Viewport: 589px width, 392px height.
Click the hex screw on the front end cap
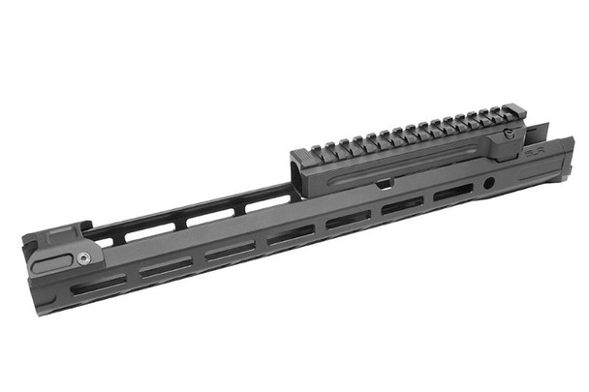pos(84,257)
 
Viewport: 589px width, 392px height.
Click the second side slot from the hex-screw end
pos(166,267)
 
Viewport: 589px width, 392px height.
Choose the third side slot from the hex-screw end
pos(231,250)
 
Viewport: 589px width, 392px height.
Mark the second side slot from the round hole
pos(399,206)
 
